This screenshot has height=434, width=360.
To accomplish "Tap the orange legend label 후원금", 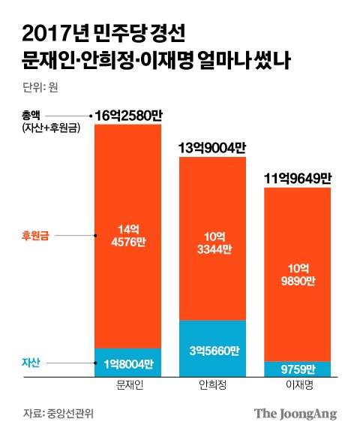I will (x=37, y=235).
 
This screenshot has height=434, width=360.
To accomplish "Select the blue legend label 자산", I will (x=31, y=364).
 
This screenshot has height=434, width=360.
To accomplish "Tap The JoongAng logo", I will (x=295, y=413).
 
